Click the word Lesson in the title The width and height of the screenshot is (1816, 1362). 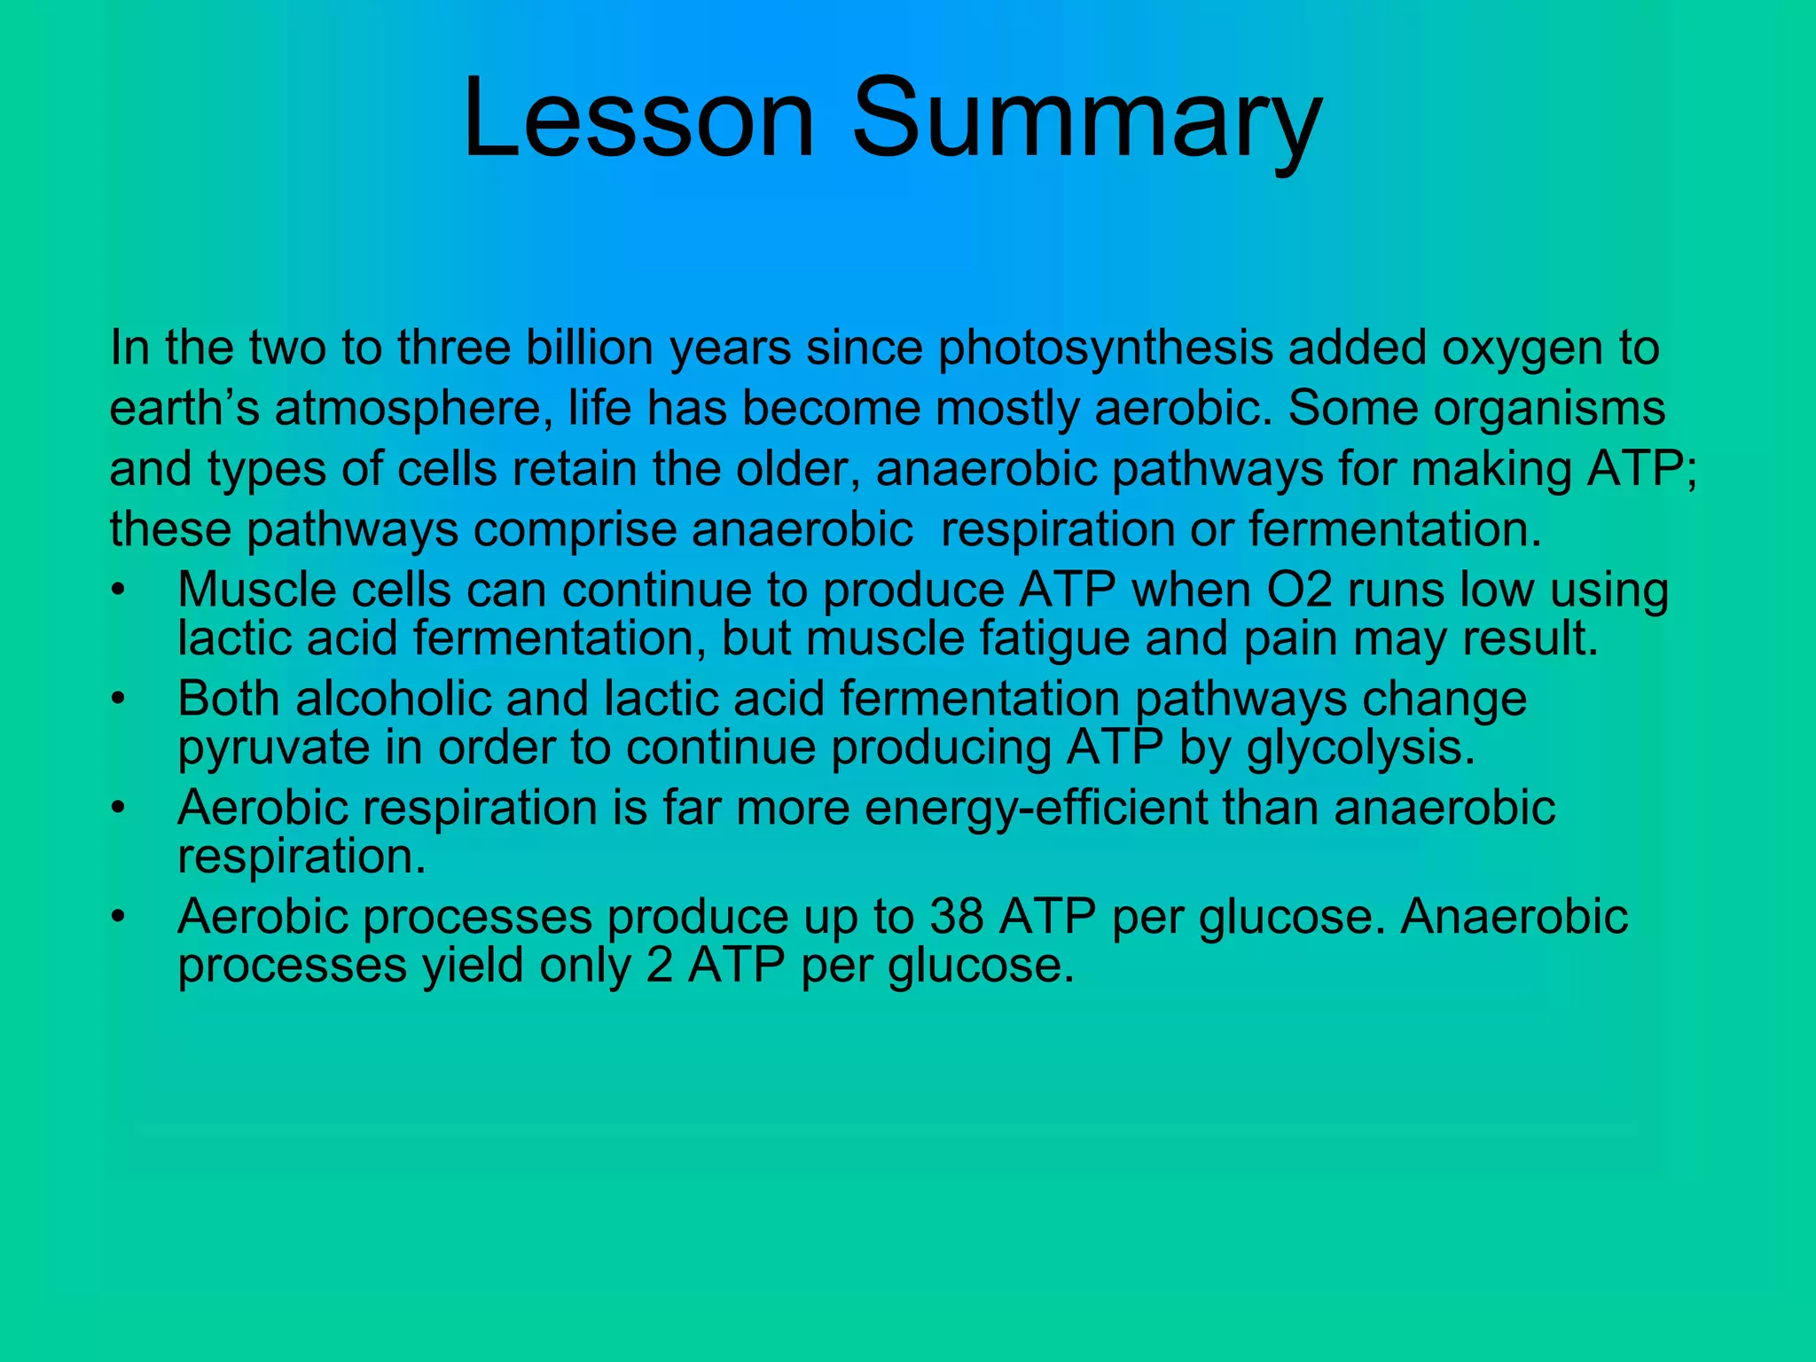tap(637, 118)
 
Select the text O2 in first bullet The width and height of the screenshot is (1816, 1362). tap(1299, 591)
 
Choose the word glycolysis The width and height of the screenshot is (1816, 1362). tap(1360, 748)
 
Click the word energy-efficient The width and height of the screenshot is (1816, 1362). tap(1036, 808)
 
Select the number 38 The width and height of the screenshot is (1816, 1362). tap(956, 916)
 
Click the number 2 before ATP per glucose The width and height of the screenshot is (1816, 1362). tap(660, 965)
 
